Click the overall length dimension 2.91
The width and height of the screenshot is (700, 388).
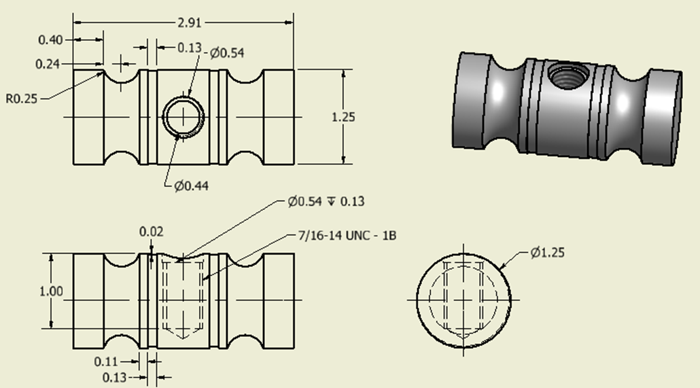[x=184, y=22]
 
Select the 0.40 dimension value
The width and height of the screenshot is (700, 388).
[x=50, y=40]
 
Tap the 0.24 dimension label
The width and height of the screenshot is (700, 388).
[x=48, y=64]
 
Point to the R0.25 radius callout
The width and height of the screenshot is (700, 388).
[x=22, y=99]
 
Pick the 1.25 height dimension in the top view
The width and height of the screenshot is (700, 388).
[x=343, y=117]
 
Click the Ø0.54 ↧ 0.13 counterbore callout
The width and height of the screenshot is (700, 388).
[x=326, y=202]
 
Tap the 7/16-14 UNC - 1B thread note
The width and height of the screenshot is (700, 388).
[x=347, y=235]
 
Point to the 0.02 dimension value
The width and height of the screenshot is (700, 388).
[x=151, y=232]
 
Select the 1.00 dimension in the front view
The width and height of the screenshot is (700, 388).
[x=51, y=292]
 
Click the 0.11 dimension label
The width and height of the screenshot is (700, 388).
[x=105, y=361]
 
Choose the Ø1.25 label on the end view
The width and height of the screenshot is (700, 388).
[x=548, y=253]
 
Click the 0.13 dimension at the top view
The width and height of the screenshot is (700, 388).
[x=189, y=48]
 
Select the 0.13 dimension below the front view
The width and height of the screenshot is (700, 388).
[x=114, y=376]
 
